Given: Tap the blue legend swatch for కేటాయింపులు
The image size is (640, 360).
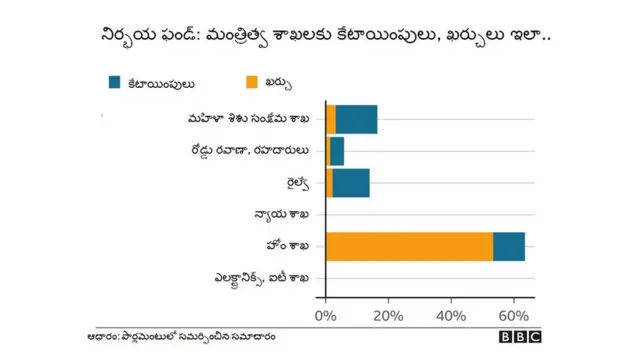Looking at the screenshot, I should click(115, 82).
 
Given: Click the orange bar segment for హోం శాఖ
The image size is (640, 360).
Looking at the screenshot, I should click(410, 246).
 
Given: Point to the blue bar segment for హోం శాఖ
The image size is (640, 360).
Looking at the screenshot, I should click(509, 246).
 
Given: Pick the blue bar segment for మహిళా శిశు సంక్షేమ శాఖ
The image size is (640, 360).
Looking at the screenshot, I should click(357, 119).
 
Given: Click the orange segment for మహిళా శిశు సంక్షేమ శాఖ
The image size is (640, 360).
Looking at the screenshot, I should click(331, 119).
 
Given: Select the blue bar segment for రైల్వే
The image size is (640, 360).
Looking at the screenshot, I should click(351, 183).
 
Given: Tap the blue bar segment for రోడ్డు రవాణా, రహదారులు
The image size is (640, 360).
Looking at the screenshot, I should click(337, 151).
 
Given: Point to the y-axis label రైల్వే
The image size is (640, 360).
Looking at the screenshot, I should click(296, 183).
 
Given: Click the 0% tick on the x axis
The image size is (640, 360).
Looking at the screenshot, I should click(326, 315).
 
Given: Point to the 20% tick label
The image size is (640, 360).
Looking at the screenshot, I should click(388, 315).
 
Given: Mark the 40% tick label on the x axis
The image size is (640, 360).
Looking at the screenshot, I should click(451, 315).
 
